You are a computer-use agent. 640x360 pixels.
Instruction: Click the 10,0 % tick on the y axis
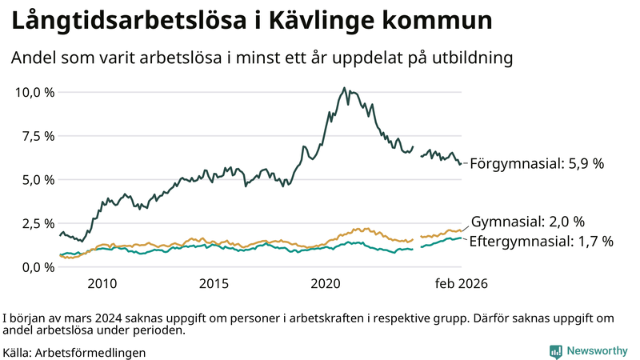pyautogui.click(x=35, y=92)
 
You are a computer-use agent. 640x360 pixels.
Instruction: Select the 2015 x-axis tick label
pyautogui.click(x=214, y=284)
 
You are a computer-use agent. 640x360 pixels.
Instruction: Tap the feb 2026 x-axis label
pyautogui.click(x=461, y=284)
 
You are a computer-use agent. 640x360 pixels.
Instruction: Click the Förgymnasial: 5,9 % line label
pyautogui.click(x=536, y=164)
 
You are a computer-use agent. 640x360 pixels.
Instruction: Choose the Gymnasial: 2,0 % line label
pyautogui.click(x=528, y=222)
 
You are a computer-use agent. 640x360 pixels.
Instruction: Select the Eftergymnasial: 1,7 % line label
pyautogui.click(x=541, y=241)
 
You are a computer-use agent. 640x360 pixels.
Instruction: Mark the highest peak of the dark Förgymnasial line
pyautogui.click(x=344, y=88)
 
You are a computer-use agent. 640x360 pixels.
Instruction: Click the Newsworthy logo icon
pyautogui.click(x=555, y=351)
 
